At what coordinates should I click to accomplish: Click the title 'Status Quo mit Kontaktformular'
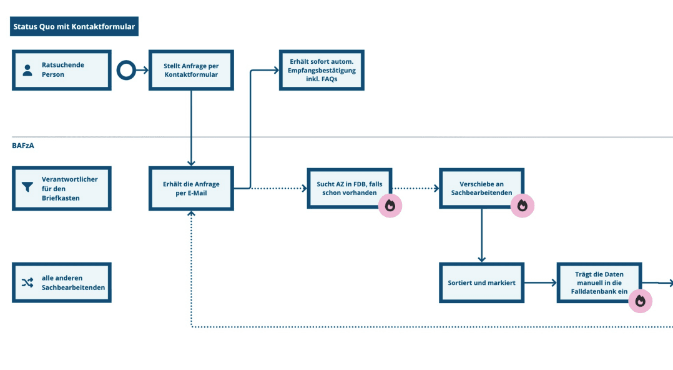(x=74, y=27)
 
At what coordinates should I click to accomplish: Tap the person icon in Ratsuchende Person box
(x=27, y=70)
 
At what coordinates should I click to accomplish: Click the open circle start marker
(x=126, y=70)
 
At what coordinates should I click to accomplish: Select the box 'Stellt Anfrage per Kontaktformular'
(x=191, y=70)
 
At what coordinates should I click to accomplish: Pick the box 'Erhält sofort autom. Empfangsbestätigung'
(x=321, y=70)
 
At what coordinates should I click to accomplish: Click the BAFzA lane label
(x=22, y=146)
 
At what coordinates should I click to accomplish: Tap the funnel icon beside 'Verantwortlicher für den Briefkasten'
(x=27, y=187)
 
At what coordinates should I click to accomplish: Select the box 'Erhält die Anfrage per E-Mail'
(x=191, y=188)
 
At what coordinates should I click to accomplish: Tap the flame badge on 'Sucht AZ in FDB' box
(x=390, y=206)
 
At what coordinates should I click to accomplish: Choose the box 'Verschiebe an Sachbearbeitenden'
(x=481, y=187)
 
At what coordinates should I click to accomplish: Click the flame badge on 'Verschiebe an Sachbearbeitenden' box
(x=523, y=206)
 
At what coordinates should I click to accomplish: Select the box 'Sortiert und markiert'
(x=481, y=282)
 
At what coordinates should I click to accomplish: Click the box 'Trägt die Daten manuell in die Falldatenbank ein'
(x=598, y=282)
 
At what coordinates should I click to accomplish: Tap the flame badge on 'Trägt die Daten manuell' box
(x=640, y=301)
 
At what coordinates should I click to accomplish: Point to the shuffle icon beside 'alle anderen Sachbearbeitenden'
(x=27, y=282)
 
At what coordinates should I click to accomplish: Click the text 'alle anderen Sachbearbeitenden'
(x=73, y=282)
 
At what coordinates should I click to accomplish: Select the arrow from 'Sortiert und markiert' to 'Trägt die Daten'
(x=540, y=282)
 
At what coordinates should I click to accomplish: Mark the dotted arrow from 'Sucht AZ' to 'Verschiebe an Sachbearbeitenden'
(x=415, y=187)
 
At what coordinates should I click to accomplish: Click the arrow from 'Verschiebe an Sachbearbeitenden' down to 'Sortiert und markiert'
(x=481, y=235)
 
